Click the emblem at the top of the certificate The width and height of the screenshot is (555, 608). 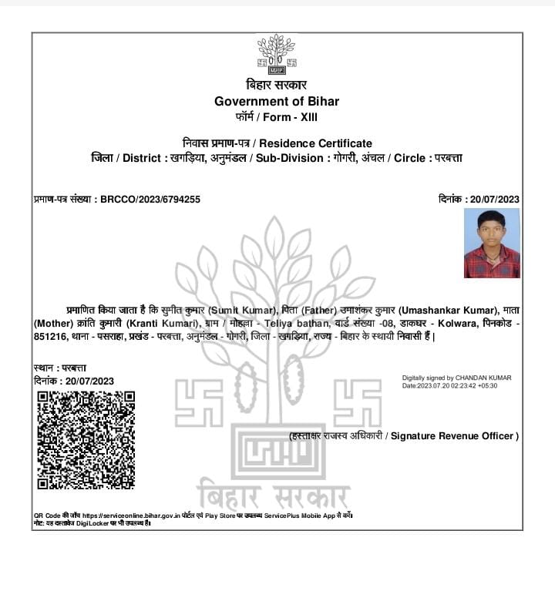pyautogui.click(x=277, y=54)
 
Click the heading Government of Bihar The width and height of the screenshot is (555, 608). pyautogui.click(x=277, y=102)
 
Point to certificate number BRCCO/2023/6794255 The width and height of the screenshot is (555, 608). pyautogui.click(x=150, y=200)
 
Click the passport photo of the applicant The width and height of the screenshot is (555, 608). pyautogui.click(x=492, y=243)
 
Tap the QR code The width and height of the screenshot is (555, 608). pyautogui.click(x=86, y=439)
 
